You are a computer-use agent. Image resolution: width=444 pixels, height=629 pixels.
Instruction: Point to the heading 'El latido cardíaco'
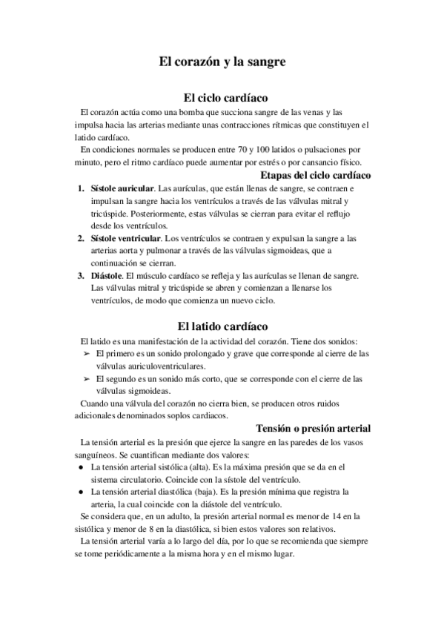pyautogui.click(x=222, y=326)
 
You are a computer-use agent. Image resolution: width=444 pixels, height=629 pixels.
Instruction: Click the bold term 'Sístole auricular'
pyautogui.click(x=122, y=189)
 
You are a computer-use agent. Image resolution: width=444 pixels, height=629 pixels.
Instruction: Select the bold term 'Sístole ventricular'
pyautogui.click(x=125, y=239)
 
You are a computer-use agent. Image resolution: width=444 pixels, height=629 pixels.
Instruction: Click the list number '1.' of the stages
pyautogui.click(x=82, y=189)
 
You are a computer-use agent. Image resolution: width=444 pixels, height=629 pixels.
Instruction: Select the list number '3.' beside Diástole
pyautogui.click(x=82, y=276)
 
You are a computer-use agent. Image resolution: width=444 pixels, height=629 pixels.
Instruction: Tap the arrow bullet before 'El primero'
pyautogui.click(x=86, y=354)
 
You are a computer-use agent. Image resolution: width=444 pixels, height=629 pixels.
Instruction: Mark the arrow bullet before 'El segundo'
pyautogui.click(x=86, y=378)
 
